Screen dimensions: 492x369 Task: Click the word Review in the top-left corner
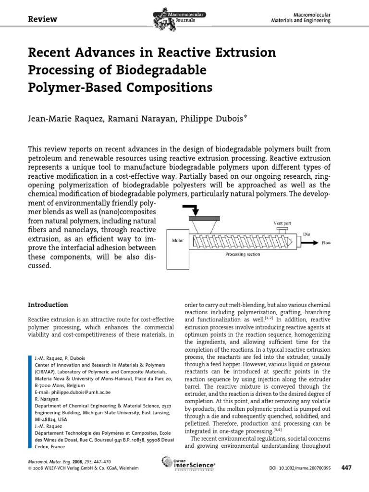[43, 19]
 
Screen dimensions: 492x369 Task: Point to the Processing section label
[244, 255]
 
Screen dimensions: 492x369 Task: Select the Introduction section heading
[48, 305]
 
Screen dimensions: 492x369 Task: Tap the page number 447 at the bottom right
[346, 467]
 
